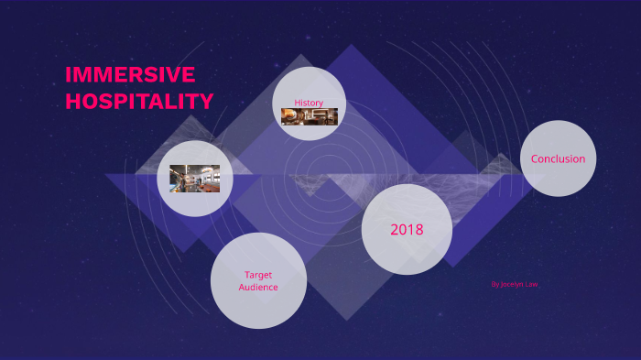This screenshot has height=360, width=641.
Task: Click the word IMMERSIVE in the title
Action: pos(130,75)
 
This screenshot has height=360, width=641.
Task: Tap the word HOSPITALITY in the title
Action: pos(139,101)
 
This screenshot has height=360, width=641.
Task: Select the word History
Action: pos(309,102)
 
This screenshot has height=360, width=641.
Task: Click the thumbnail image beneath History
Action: pos(310,116)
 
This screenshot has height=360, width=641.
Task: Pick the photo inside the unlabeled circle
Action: pos(195,178)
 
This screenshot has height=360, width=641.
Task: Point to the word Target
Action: pos(258,274)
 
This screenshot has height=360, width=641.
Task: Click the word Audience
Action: pos(258,287)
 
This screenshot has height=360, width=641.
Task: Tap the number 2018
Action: pos(407,229)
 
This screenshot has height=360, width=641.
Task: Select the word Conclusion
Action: pos(558,158)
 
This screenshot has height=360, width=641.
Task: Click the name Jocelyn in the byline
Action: pos(512,284)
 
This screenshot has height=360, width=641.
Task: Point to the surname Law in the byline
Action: pos(531,284)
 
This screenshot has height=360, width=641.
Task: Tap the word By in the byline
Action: pos(494,284)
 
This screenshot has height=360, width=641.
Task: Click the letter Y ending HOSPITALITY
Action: pos(206,101)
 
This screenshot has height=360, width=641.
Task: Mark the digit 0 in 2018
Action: pos(401,229)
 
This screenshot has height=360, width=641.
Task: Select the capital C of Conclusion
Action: pos(535,158)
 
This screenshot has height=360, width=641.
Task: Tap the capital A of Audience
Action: pos(242,287)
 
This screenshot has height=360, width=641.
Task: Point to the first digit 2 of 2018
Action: pos(394,229)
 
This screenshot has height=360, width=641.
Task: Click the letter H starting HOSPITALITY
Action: pos(72,101)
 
